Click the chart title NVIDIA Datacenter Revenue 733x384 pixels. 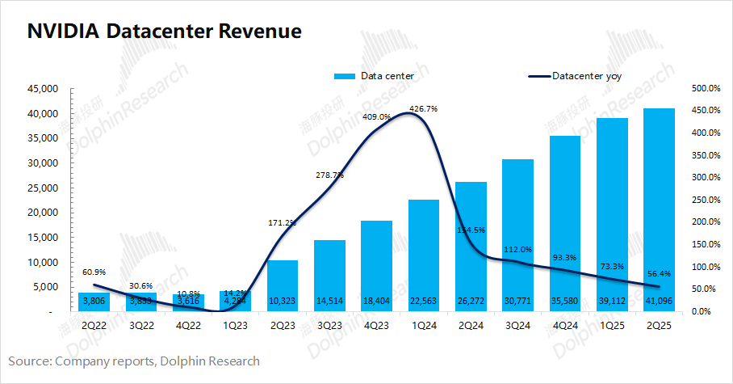165,32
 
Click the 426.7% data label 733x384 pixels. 424,108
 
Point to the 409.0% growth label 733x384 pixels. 377,116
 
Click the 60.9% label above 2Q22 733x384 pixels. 94,272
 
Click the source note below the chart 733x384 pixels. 135,361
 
